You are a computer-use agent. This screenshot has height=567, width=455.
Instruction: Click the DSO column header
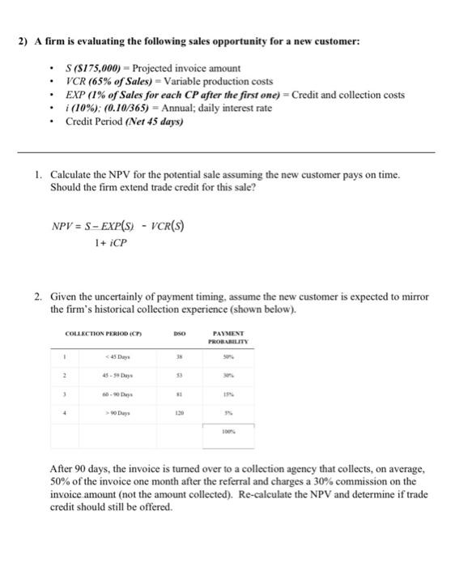[x=181, y=334]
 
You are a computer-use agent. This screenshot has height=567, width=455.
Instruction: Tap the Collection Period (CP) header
[x=96, y=334]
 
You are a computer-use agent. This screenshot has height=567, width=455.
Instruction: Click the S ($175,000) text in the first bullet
[x=96, y=69]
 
